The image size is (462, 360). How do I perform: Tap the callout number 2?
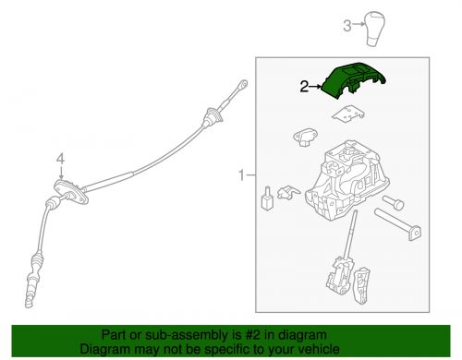point(304,87)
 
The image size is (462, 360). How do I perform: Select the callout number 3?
point(347,26)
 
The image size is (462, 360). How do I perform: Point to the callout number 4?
point(61,159)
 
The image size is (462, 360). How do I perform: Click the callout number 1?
point(242,175)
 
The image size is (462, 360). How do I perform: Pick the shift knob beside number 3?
point(375,29)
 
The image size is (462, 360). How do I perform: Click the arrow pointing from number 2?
point(315,87)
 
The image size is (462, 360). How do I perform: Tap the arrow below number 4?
point(62,174)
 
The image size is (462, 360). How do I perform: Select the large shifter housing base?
point(346,181)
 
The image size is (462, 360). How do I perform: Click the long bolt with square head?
point(398,224)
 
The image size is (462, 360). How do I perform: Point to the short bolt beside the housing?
point(393,203)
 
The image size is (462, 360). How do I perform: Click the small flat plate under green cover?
point(348,114)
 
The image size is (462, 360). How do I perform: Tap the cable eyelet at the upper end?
point(243,84)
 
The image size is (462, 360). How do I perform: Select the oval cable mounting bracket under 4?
point(71,192)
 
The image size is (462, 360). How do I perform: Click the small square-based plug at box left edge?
point(267,198)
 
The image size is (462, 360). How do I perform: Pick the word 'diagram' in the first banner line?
point(301,335)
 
